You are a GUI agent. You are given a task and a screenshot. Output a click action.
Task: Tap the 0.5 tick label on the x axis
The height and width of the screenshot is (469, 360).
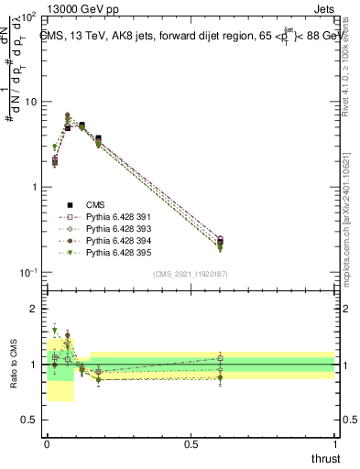click(191, 443)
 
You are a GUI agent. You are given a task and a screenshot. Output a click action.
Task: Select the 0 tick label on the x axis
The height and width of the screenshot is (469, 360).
click(47, 443)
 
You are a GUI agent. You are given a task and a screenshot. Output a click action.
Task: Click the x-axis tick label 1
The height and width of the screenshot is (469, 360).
click(334, 443)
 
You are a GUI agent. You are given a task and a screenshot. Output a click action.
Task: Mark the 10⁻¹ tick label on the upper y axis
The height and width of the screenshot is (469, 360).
click(27, 273)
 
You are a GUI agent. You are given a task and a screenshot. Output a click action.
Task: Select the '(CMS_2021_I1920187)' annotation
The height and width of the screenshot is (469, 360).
click(191, 273)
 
